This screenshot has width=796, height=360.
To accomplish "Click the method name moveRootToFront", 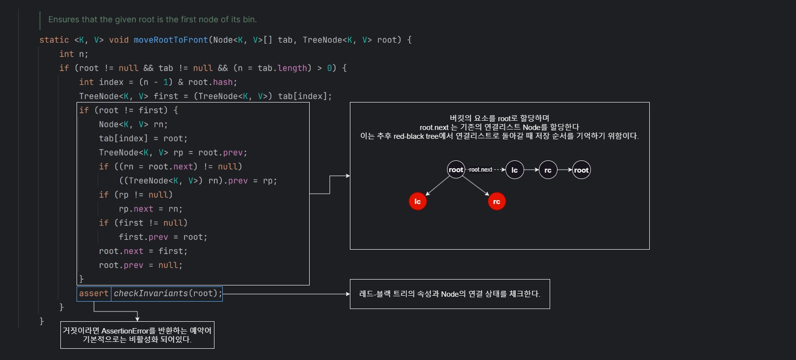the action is click(x=171, y=40).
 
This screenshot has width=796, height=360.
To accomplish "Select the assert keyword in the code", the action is click(x=94, y=293).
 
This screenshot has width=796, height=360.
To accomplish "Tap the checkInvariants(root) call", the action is click(x=167, y=293).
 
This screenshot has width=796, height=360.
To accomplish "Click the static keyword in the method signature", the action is click(x=54, y=40).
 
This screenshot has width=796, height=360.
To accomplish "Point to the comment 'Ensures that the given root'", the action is click(x=152, y=20).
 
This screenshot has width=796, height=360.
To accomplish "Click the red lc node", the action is click(x=418, y=201).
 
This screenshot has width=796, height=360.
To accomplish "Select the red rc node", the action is click(x=497, y=201).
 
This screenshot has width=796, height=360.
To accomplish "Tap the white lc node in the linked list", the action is click(x=514, y=170).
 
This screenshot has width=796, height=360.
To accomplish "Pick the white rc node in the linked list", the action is click(x=548, y=170).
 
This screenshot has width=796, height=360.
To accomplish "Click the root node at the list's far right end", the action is click(x=581, y=170).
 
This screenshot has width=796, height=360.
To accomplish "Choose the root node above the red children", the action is click(x=456, y=170).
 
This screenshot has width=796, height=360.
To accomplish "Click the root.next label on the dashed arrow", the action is click(x=480, y=170).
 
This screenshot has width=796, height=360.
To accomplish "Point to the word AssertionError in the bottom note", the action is click(x=125, y=331).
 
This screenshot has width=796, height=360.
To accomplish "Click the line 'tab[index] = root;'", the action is click(x=143, y=138).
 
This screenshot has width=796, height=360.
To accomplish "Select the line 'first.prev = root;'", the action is click(x=163, y=237).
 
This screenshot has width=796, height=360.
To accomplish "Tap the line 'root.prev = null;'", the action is click(x=140, y=265).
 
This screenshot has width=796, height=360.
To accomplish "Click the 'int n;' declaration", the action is click(x=74, y=54).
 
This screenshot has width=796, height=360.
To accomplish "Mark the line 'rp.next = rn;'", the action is click(x=150, y=209).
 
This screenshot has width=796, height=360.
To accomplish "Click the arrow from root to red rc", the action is click(x=475, y=185).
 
